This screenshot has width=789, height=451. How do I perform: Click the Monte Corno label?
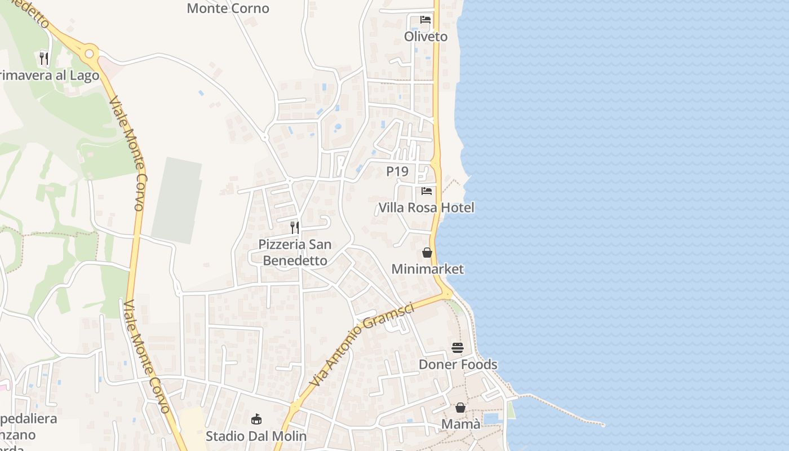click(x=228, y=8)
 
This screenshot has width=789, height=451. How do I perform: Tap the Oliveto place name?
click(x=425, y=37)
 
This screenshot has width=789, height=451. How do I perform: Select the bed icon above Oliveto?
click(x=425, y=20)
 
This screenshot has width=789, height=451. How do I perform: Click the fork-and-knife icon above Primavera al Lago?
click(x=43, y=58)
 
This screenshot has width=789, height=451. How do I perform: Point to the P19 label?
click(x=397, y=171)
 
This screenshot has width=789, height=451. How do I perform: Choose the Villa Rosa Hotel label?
click(x=426, y=207)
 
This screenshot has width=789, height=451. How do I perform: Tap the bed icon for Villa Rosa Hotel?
click(x=427, y=191)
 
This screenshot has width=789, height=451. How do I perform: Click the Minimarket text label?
click(x=427, y=269)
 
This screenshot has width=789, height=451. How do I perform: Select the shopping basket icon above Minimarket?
click(x=427, y=253)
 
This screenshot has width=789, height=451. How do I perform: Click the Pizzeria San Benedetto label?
click(x=295, y=253)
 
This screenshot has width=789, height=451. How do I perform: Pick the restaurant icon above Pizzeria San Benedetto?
click(x=295, y=227)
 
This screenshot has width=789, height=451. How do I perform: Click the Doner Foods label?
click(x=458, y=364)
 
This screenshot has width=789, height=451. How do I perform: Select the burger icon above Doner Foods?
click(x=457, y=348)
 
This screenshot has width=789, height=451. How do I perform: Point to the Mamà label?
click(x=461, y=424)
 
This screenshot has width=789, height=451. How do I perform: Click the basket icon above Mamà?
click(x=460, y=407)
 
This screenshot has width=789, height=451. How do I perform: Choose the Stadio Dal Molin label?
click(x=256, y=436)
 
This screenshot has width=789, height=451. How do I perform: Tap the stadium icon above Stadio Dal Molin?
click(x=256, y=419)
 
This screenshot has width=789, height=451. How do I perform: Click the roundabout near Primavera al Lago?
click(x=88, y=54)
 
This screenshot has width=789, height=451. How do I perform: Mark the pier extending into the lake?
click(x=564, y=409)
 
